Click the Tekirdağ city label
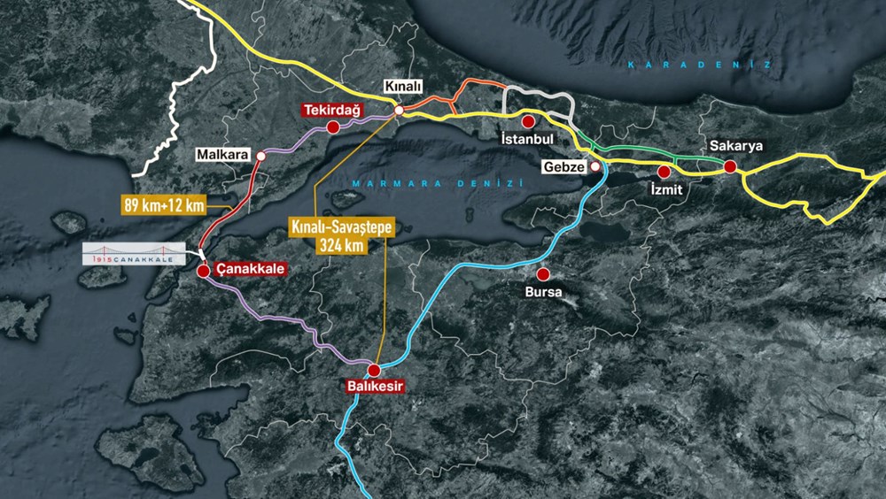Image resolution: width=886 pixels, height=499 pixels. tap(329, 110)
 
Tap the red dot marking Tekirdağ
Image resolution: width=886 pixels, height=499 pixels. tap(333, 127)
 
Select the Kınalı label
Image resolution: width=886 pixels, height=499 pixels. tap(402, 86)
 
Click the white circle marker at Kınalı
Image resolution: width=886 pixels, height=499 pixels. tap(399, 111)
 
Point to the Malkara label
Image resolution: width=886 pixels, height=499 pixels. tap(223, 155)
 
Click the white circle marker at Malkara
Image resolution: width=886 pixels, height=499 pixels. tap(260, 156)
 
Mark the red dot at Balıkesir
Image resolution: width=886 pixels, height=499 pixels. tap(374, 370)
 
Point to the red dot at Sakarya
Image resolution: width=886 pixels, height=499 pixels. tap(729, 165)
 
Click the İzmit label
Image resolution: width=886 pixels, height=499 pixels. tap(664, 188)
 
